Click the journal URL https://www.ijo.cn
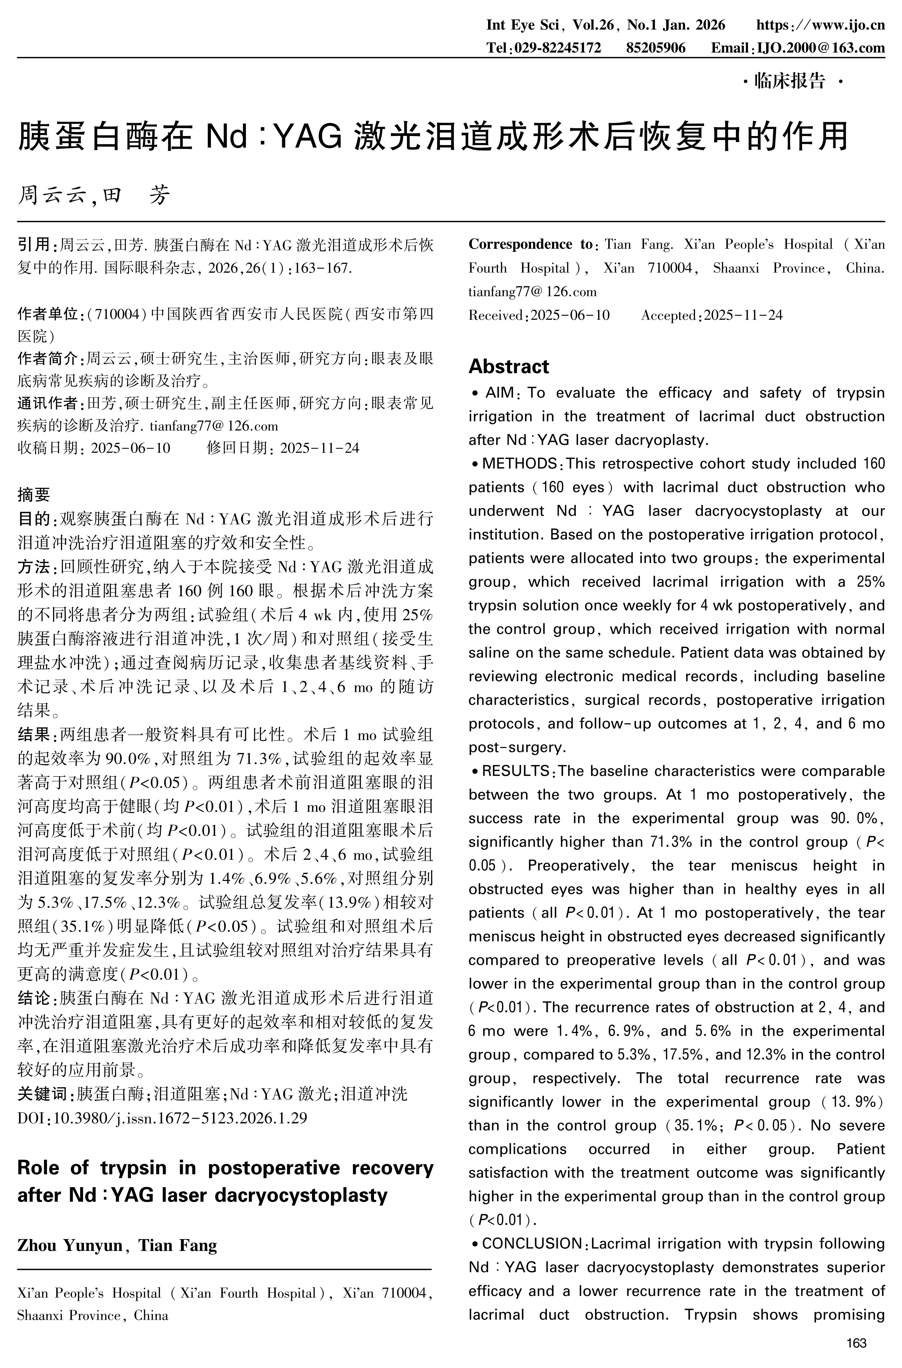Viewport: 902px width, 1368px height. [x=820, y=25]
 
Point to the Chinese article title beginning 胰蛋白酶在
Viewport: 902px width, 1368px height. [x=433, y=137]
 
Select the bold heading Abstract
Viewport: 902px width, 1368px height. [x=509, y=366]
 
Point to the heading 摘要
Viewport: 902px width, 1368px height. [x=34, y=494]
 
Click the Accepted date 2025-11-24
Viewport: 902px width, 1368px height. [x=743, y=315]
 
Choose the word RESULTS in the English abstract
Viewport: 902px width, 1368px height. [x=515, y=771]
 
